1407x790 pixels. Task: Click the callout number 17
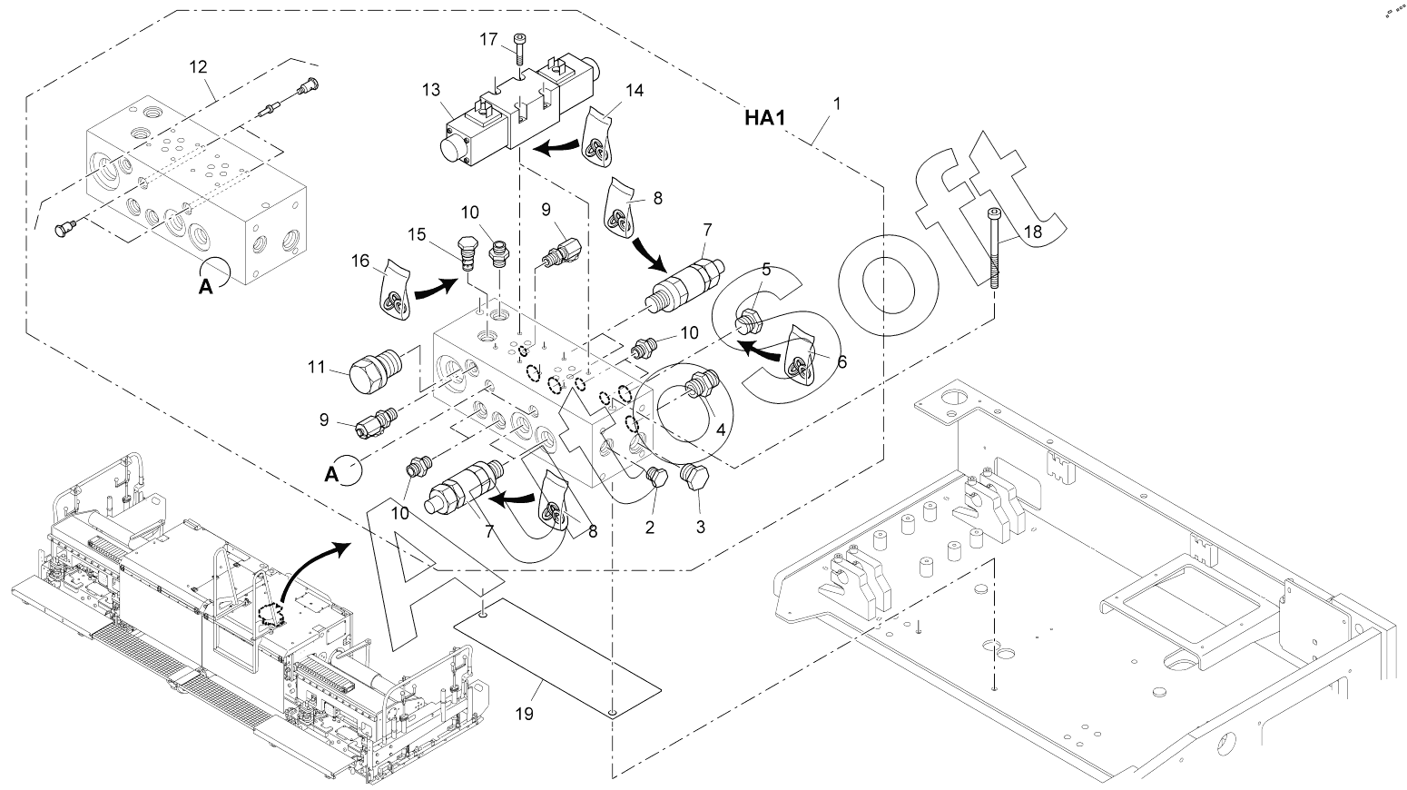[488, 39]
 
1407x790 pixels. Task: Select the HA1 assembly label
[763, 117]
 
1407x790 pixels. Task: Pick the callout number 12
[198, 66]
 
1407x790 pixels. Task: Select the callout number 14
[635, 90]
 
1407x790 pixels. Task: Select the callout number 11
[316, 369]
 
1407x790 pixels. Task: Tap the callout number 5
[766, 269]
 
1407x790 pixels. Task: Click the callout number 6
[841, 361]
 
